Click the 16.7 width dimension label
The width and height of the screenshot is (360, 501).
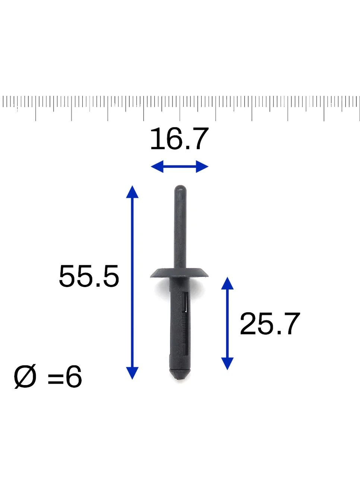pyautogui.click(x=180, y=139)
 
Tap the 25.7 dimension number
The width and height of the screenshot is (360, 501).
pyautogui.click(x=269, y=324)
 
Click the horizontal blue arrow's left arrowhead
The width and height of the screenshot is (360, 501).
pyautogui.click(x=157, y=166)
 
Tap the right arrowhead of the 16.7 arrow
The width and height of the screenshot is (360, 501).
pyautogui.click(x=202, y=166)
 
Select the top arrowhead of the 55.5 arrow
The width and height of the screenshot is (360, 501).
pyautogui.click(x=132, y=192)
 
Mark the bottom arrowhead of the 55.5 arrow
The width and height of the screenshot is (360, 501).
pyautogui.click(x=132, y=373)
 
